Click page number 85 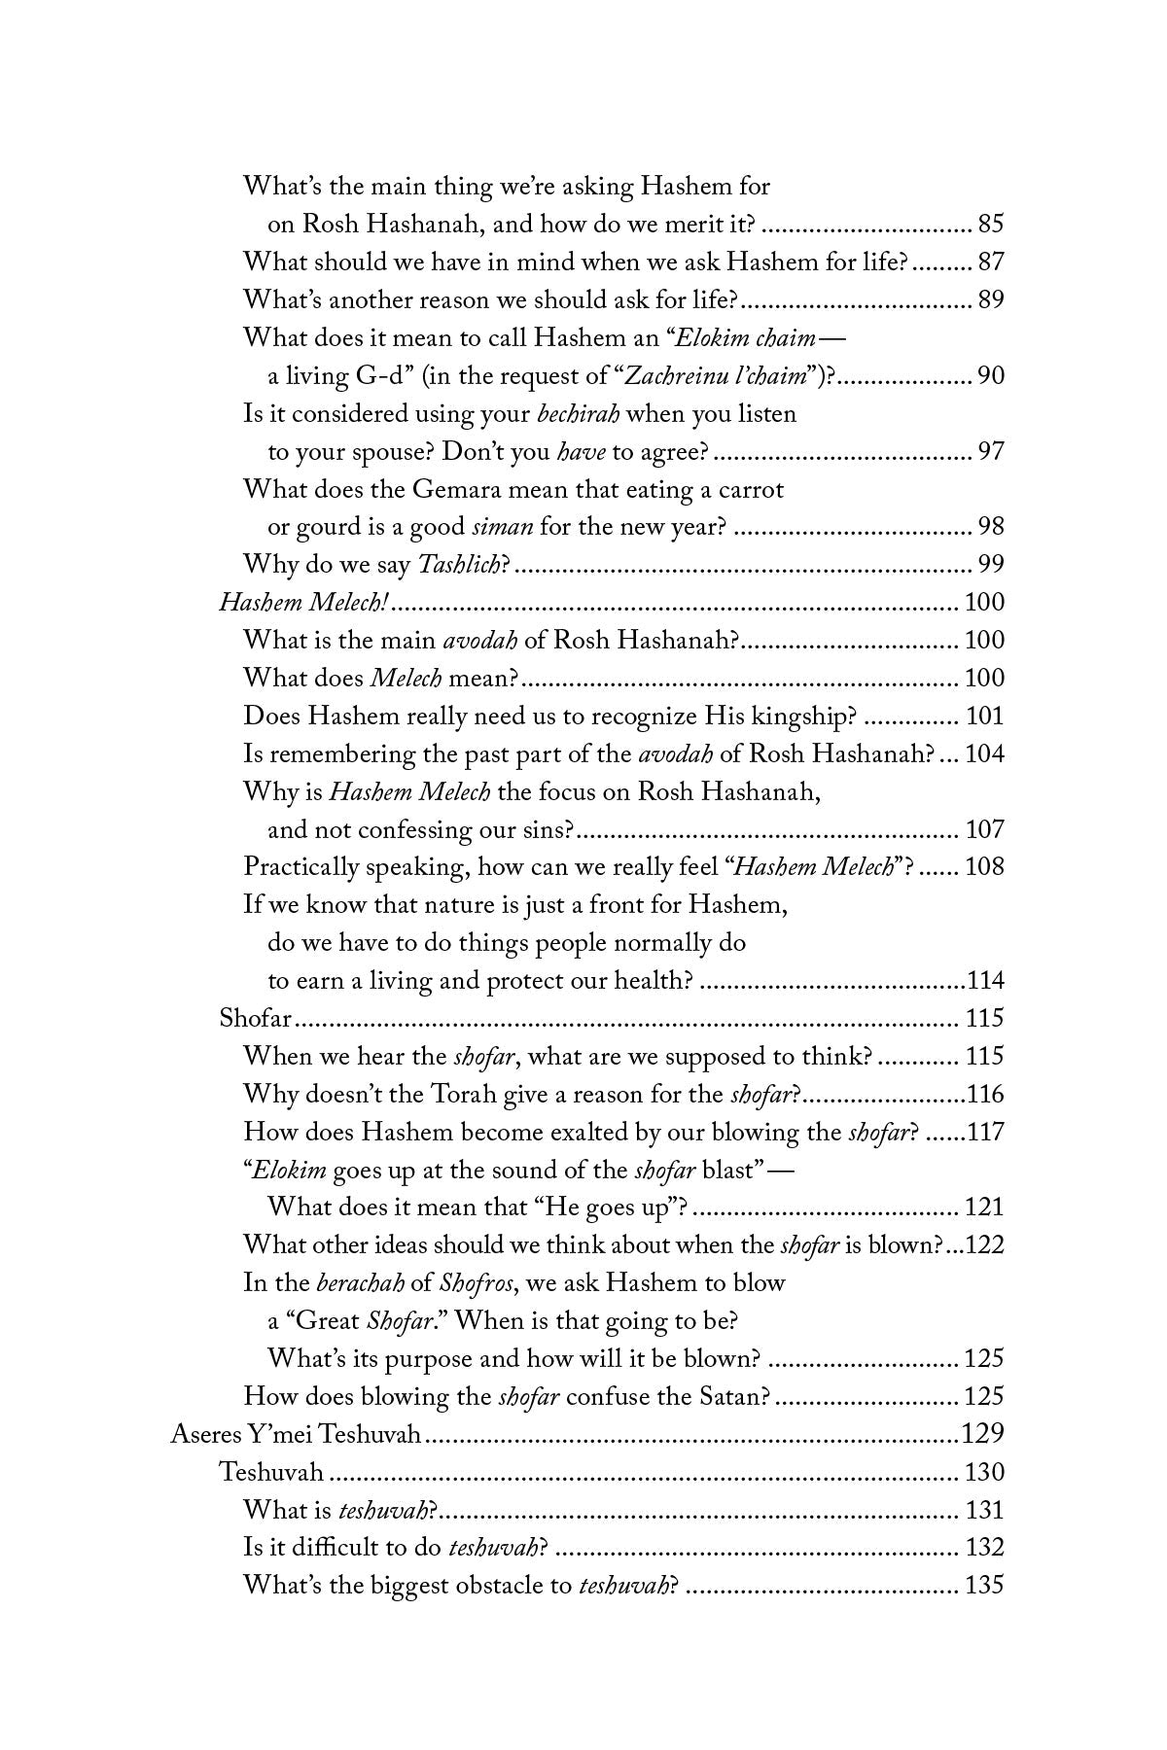pos(990,226)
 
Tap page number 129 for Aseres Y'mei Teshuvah pos(981,1434)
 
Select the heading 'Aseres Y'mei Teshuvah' pos(295,1434)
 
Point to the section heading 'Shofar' pos(256,1018)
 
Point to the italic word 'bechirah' pos(579,414)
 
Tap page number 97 pos(990,452)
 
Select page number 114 pos(984,980)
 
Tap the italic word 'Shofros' pos(473,1283)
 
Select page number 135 pos(983,1586)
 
